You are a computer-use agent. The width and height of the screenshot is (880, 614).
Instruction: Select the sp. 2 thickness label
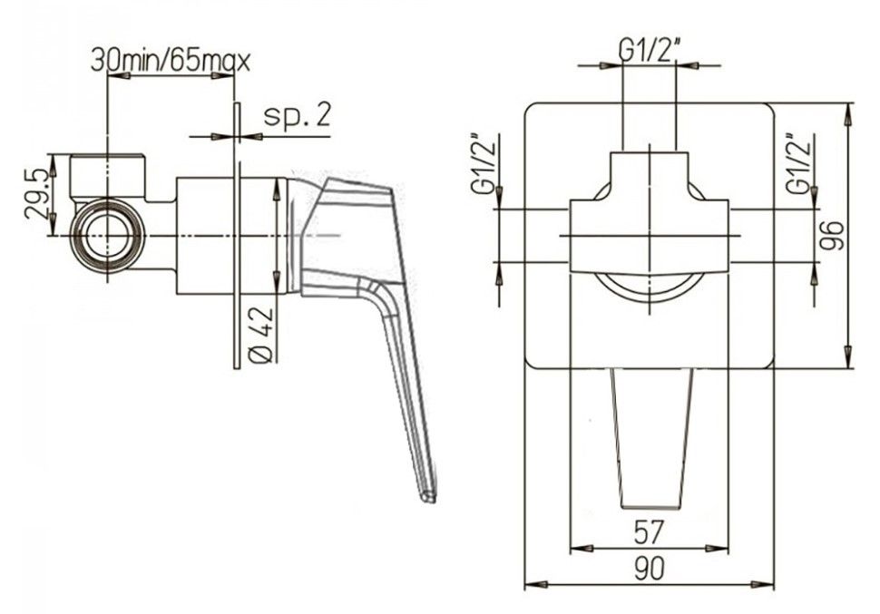298,116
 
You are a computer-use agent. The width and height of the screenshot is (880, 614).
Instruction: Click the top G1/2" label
650,51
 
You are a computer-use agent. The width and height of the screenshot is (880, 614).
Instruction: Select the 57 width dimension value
650,530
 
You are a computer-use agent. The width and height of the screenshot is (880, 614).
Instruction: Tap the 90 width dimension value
650,568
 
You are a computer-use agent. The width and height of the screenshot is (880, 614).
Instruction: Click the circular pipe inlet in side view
106,234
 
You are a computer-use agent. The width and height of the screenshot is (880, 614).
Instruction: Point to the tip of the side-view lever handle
427,495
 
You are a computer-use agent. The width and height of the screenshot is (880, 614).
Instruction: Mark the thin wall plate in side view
237,236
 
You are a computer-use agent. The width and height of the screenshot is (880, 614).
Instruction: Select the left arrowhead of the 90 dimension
536,585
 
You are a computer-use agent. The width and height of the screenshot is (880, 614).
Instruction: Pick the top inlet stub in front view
650,172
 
